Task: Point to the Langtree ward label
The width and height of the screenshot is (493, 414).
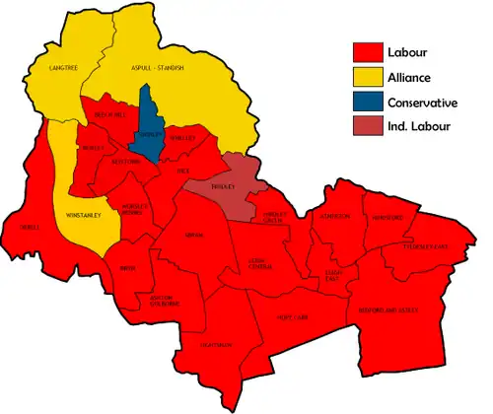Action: [63, 67]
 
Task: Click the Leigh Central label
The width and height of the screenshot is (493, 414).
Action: [261, 262]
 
